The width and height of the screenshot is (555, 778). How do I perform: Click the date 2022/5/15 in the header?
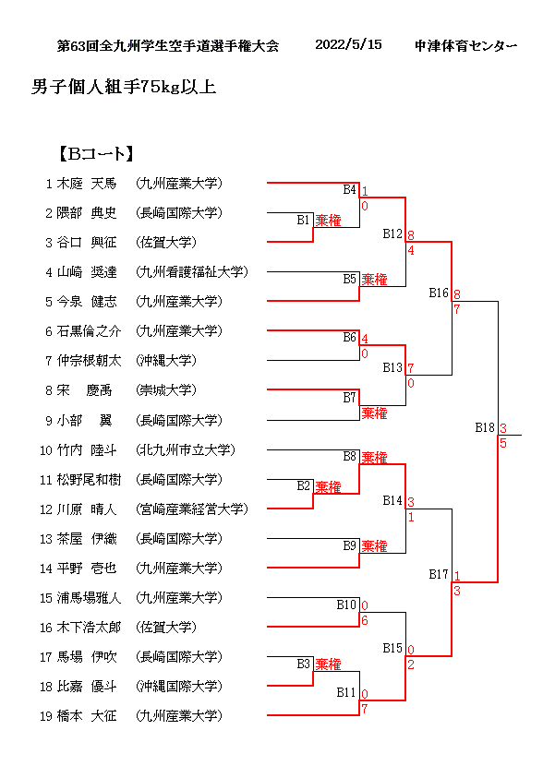pyautogui.click(x=348, y=45)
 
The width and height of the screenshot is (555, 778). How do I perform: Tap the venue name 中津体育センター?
pyautogui.click(x=465, y=45)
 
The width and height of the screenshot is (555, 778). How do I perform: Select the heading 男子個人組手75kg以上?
pyautogui.click(x=124, y=89)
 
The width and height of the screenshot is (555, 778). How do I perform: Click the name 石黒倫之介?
pyautogui.click(x=89, y=331)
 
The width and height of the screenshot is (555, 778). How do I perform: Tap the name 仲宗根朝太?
pyautogui.click(x=89, y=361)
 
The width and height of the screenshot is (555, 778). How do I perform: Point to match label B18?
pyautogui.click(x=485, y=427)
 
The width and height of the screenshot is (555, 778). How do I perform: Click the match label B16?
pyautogui.click(x=439, y=293)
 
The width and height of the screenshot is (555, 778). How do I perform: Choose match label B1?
pyautogui.click(x=304, y=220)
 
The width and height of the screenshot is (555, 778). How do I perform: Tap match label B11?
pyautogui.click(x=346, y=693)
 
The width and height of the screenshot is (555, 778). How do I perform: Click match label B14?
pyautogui.click(x=392, y=500)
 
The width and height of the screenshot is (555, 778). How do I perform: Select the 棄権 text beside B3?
pyautogui.click(x=328, y=664)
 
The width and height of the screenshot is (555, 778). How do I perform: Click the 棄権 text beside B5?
pyautogui.click(x=374, y=279)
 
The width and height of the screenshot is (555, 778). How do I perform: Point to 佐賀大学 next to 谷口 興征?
pyautogui.click(x=166, y=243)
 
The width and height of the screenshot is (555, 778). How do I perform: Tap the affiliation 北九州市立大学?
pyautogui.click(x=186, y=450)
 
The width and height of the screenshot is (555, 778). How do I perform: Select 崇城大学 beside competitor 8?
pyautogui.click(x=166, y=390)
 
